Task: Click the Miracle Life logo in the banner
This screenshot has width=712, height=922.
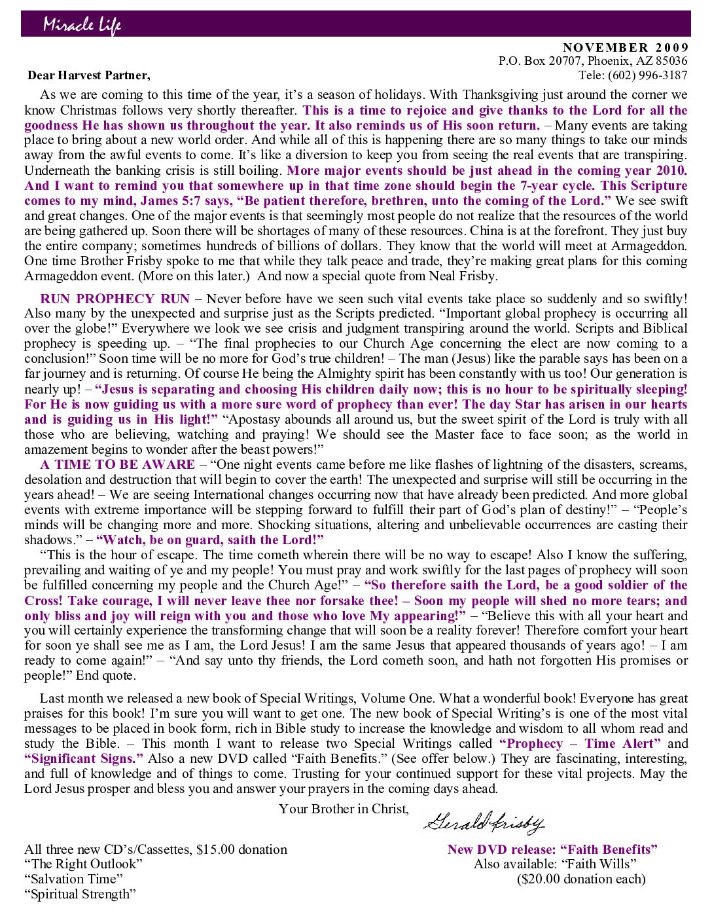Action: (x=82, y=25)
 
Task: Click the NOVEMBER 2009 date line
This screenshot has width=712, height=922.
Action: (x=625, y=47)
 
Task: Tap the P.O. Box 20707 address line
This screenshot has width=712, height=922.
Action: (x=592, y=61)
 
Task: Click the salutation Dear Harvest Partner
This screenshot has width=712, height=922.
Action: (x=88, y=75)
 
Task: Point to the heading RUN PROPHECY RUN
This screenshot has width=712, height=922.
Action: (x=115, y=299)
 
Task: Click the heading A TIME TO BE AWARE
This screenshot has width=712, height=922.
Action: (x=117, y=464)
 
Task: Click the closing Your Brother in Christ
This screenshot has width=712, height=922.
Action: (x=344, y=809)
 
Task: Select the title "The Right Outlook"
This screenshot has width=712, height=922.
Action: (x=83, y=864)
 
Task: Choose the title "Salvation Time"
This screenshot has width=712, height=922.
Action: (x=73, y=879)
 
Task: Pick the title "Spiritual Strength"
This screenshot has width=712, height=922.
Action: (x=80, y=894)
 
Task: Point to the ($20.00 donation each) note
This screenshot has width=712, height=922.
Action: (x=581, y=879)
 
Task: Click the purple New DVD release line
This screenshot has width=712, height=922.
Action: (x=552, y=849)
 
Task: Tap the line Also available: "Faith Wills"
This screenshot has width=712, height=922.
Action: (x=555, y=864)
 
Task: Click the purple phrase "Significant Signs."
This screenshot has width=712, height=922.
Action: (x=84, y=759)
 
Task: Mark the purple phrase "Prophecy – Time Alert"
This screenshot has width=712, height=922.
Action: (x=580, y=744)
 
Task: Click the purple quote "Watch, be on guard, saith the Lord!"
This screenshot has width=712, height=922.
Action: (x=210, y=540)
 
